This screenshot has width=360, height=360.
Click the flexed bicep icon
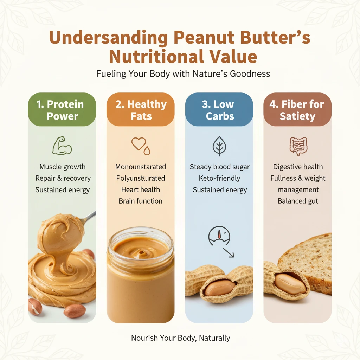pos(62,146)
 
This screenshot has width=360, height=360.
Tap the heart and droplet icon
pos(140,146)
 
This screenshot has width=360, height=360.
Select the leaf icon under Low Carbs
pos(219,146)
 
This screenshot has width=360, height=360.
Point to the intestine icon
pos(297,146)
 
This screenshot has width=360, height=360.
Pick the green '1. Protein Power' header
pos(62,110)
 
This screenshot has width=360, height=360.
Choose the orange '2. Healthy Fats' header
pos(141,110)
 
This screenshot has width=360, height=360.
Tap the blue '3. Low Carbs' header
pos(219,110)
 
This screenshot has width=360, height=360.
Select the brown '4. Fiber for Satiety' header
pos(297,110)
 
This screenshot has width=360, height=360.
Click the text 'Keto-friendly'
pos(219,178)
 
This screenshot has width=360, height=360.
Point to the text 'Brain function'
pos(141,201)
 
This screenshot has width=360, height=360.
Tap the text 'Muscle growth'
pos(62,167)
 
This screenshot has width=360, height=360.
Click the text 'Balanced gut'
pos(297,201)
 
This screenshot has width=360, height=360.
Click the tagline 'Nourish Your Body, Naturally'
pos(180,338)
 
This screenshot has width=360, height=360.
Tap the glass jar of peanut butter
pos(141,274)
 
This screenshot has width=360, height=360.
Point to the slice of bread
pos(309,260)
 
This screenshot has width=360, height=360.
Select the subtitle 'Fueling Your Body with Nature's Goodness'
pos(183,74)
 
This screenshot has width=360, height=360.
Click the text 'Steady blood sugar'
pos(219,167)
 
